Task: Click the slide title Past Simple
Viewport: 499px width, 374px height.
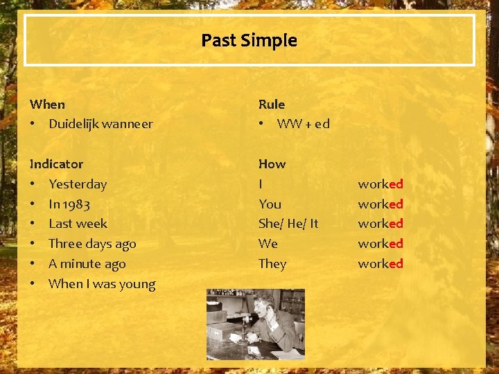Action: point(249,41)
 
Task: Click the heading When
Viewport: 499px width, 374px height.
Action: point(47,105)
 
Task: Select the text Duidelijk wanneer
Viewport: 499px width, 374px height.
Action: point(100,125)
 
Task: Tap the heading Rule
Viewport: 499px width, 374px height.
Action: point(272,105)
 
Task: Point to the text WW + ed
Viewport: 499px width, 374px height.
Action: point(303,125)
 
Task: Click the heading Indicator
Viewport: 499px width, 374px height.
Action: point(56,164)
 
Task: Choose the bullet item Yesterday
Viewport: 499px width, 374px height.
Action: point(78,184)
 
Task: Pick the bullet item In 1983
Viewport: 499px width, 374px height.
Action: point(69,204)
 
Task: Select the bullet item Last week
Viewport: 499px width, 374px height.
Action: point(78,224)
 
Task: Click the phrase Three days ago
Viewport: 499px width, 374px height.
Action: point(92,244)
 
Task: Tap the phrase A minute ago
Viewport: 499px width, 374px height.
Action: point(87,264)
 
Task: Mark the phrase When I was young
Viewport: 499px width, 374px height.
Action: point(102,284)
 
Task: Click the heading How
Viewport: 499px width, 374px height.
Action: point(272,164)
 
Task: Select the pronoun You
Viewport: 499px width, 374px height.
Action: point(270,204)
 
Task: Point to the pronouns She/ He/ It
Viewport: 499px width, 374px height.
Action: point(288,224)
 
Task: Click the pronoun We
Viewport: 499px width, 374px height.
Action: point(268,244)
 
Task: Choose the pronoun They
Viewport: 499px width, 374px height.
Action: point(272,264)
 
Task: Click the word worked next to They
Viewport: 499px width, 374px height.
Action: point(380,264)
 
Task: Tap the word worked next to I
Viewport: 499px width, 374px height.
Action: point(380,184)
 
